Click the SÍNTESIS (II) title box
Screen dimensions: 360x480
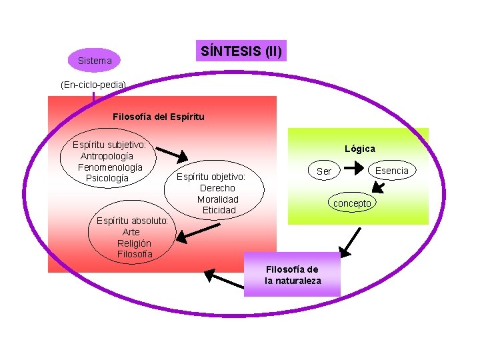pos(241,50)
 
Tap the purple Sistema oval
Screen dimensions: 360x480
pos(95,61)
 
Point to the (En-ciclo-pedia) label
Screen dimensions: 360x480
pos(92,85)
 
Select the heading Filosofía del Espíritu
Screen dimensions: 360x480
pos(159,117)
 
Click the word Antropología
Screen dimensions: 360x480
pos(107,156)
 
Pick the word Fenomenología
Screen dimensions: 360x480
pos(110,167)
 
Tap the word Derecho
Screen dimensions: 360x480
pos(217,188)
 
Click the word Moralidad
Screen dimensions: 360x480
pos(217,199)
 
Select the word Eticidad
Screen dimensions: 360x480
pos(219,211)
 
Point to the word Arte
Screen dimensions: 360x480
pos(131,232)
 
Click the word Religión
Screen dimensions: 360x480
pos(134,243)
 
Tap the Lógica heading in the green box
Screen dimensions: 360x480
pos(360,149)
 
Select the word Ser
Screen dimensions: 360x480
pos(324,171)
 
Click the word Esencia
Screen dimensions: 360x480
pos(391,171)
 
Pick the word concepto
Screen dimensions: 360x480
pos(353,203)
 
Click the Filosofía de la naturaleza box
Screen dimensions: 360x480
pos(293,275)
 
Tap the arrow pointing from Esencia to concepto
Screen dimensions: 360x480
pos(377,188)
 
